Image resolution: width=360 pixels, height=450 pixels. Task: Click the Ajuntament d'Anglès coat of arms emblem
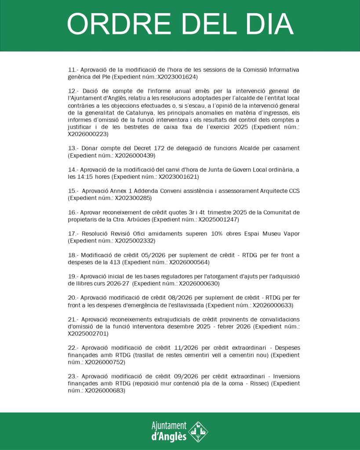198,431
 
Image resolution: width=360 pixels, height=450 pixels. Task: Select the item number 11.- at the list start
73,70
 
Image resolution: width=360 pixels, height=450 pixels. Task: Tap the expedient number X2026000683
105,390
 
